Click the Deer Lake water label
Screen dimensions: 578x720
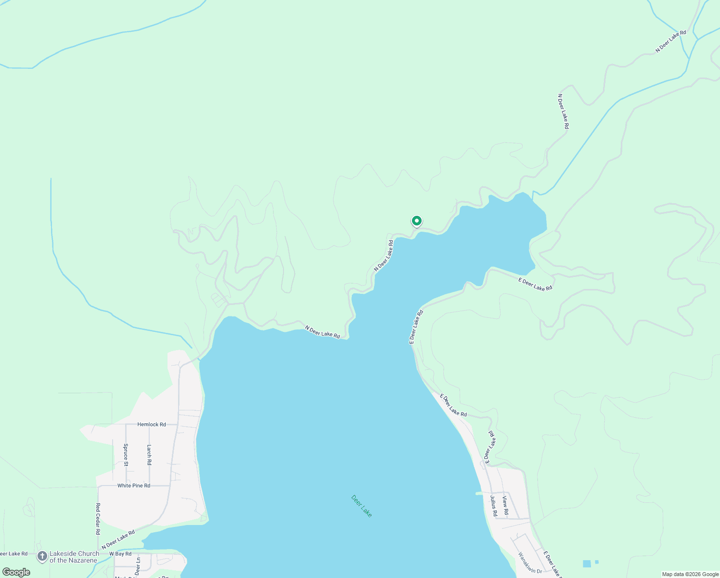pos(361,506)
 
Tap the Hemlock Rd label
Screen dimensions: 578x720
pos(151,424)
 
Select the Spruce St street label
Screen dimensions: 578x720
pos(126,455)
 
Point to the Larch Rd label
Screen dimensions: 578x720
pos(149,455)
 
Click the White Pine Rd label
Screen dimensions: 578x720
pos(134,486)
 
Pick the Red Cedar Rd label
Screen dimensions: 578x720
pos(98,519)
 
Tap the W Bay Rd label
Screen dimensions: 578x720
pos(120,554)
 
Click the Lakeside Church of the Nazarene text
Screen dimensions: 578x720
pos(74,557)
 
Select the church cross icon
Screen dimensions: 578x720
pos(42,557)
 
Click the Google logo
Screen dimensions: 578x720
pos(16,572)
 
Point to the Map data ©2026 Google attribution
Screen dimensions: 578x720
pos(690,574)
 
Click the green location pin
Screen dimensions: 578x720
pos(416,221)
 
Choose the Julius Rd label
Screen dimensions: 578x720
pos(493,506)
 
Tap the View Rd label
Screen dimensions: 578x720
pos(505,506)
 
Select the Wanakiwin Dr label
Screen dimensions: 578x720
pos(530,563)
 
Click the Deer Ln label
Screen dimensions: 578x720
pos(138,566)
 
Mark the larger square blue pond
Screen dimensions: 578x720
pos(587,564)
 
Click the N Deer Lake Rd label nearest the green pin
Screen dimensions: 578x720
pos(384,255)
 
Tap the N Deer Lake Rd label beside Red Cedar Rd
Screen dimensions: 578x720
pos(118,540)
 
